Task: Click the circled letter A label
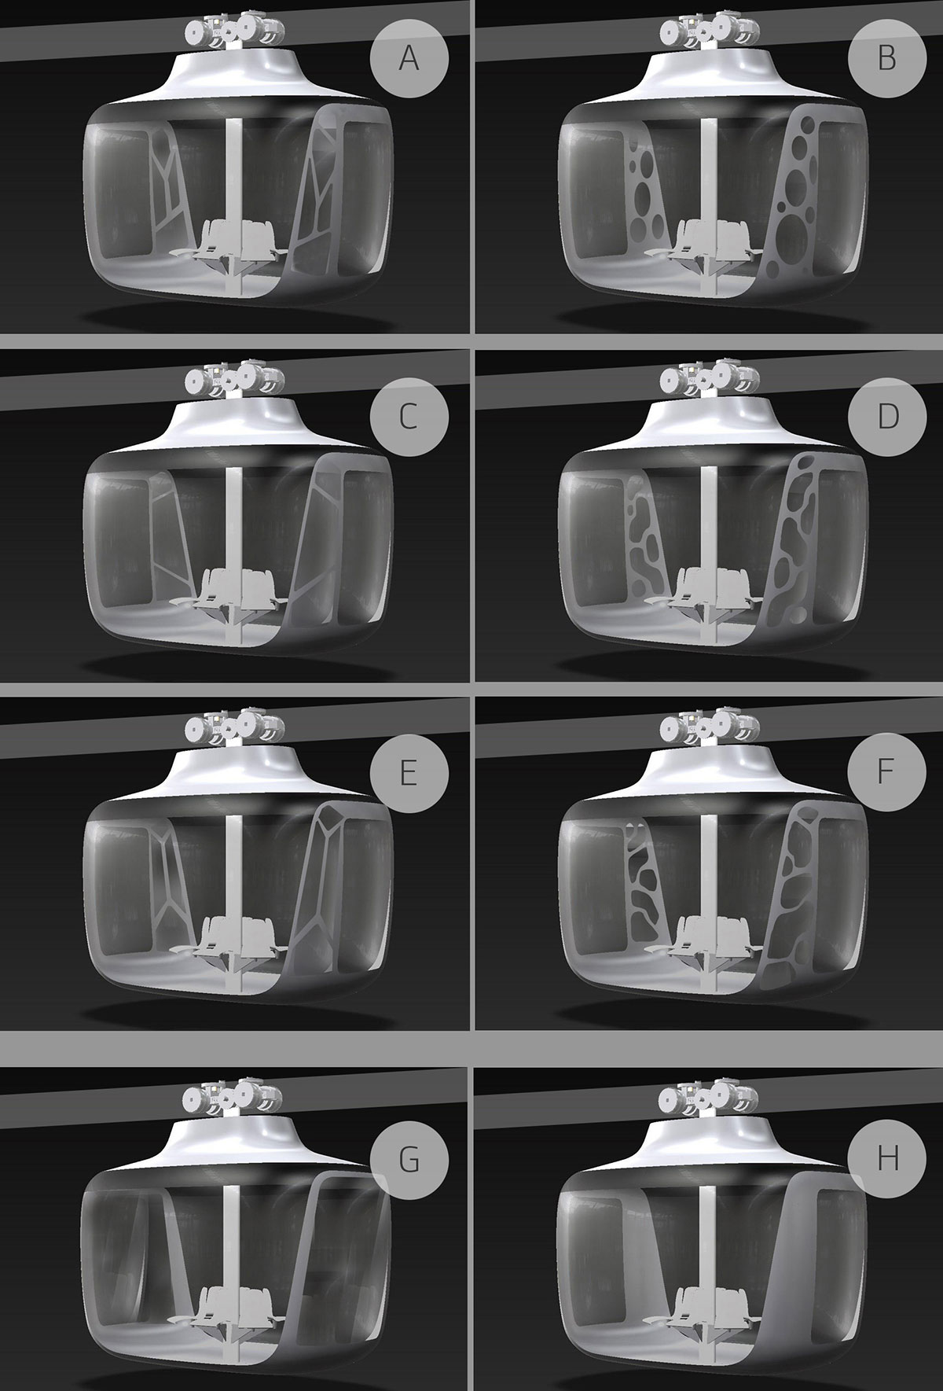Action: pyautogui.click(x=409, y=59)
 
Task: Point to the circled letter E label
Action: pyautogui.click(x=409, y=773)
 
